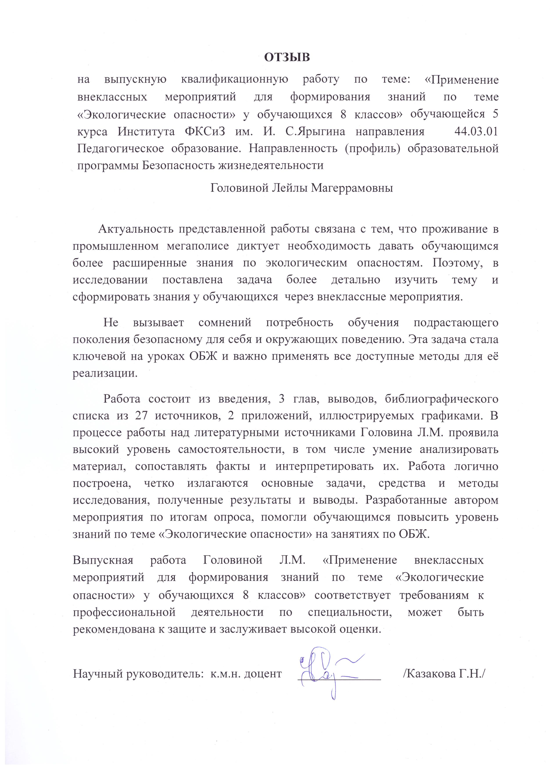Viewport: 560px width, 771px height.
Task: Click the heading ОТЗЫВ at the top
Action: (x=287, y=57)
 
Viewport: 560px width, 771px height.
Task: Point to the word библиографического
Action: (x=442, y=398)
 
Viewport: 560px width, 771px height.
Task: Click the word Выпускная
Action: (x=102, y=560)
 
